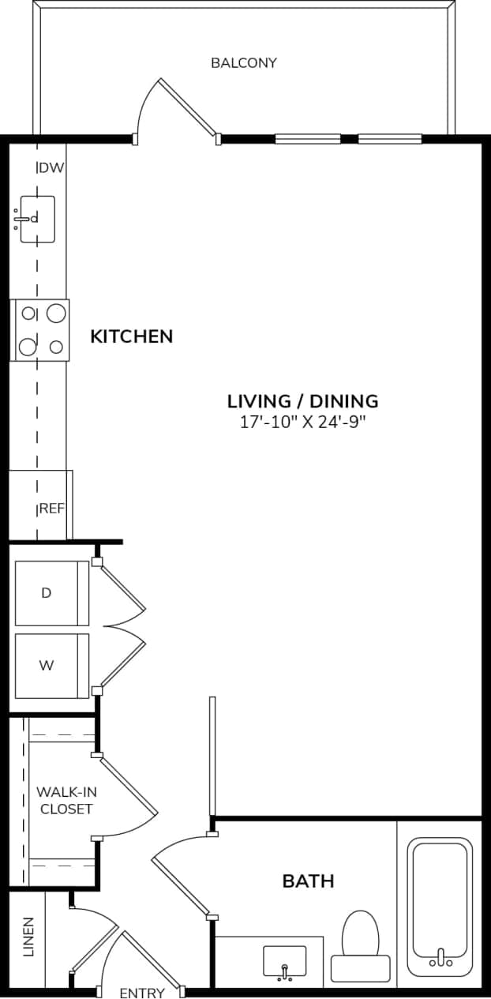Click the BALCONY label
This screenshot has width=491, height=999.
(x=243, y=63)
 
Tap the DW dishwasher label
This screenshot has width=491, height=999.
(x=51, y=167)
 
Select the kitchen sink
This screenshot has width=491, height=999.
(x=37, y=219)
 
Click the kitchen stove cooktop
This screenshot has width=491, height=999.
(x=40, y=330)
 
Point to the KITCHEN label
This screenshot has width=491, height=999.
(x=131, y=336)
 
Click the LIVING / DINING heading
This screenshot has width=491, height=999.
(x=302, y=400)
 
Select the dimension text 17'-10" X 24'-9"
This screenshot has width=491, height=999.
(x=303, y=422)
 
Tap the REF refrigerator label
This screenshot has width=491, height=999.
(x=52, y=509)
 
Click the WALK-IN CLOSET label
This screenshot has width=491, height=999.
(x=66, y=800)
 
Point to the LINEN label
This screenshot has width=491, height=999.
(x=28, y=937)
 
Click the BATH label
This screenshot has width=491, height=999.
(x=308, y=881)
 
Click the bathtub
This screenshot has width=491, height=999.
(x=440, y=906)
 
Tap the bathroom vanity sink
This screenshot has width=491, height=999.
(x=283, y=960)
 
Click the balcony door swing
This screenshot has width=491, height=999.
(x=178, y=111)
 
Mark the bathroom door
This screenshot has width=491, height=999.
(x=182, y=877)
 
